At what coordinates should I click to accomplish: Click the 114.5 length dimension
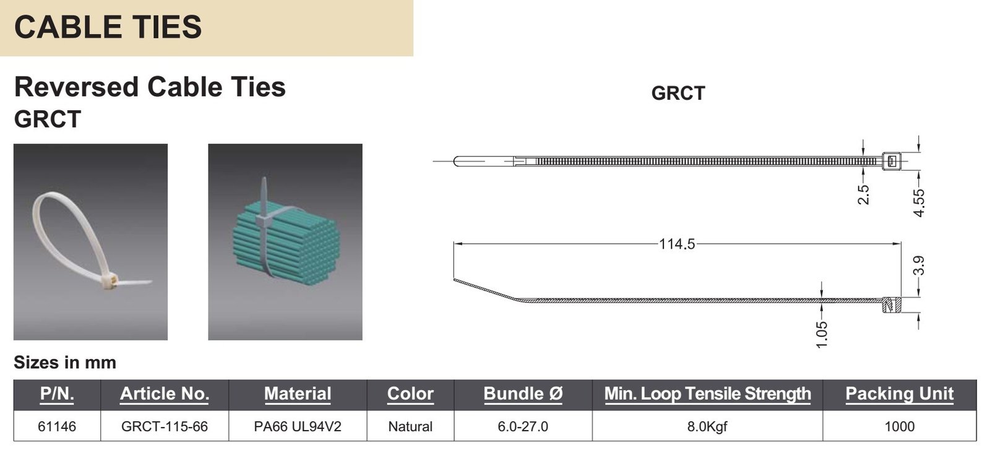(x=677, y=244)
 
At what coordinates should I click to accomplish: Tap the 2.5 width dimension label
(x=863, y=194)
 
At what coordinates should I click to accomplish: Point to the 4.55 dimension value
(x=919, y=203)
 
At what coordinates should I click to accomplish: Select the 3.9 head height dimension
(x=919, y=265)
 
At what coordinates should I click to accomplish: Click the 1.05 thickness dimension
(x=821, y=335)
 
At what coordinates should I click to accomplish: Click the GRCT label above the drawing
(x=678, y=93)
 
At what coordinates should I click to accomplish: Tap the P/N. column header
(x=57, y=394)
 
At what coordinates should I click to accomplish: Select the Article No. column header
(x=165, y=394)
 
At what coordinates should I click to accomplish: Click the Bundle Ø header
(x=523, y=394)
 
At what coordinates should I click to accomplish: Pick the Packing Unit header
(x=900, y=394)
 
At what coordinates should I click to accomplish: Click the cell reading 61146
(x=57, y=426)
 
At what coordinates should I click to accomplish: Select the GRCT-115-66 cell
(x=165, y=426)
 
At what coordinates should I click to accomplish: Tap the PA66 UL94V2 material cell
(x=298, y=426)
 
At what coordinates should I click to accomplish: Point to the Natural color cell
(x=410, y=426)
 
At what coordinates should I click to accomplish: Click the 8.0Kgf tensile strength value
(x=707, y=426)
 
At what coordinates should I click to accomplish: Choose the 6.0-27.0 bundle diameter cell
(x=523, y=426)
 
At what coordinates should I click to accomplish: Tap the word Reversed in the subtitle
(x=77, y=87)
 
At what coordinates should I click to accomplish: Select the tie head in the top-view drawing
(x=891, y=162)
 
